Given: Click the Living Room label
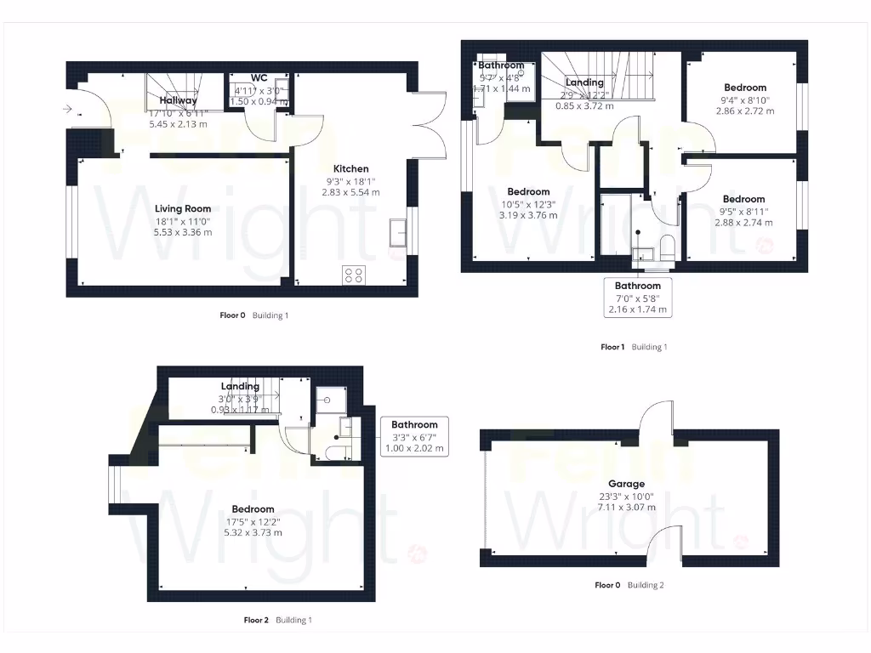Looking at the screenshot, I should click(x=183, y=208).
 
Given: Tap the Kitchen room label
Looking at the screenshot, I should click(x=350, y=169).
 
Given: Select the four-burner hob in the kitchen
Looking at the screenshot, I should click(x=353, y=275).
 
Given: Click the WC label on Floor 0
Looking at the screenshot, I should click(x=259, y=77).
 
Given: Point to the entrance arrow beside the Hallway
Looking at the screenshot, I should click(x=67, y=108).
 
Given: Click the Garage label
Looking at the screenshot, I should click(x=626, y=484).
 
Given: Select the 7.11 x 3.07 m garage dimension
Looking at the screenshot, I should click(x=626, y=508).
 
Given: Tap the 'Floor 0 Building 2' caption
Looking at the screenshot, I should click(x=629, y=585).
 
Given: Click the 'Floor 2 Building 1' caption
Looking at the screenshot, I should click(x=277, y=620).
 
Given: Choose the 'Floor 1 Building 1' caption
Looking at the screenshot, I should click(x=634, y=347).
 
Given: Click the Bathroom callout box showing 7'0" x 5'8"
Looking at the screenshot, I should click(x=638, y=298).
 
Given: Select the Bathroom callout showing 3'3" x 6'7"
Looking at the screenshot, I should click(x=414, y=436).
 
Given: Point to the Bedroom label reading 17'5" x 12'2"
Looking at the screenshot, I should click(x=252, y=509).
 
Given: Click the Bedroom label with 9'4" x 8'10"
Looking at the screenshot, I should click(x=745, y=88).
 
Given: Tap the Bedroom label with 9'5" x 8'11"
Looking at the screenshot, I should click(x=744, y=200).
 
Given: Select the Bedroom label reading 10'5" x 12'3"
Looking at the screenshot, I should click(x=528, y=192).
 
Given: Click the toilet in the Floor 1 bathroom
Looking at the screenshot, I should click(x=667, y=247).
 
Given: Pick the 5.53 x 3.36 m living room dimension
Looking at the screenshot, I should click(x=183, y=232).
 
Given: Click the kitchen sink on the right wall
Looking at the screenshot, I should click(x=397, y=232).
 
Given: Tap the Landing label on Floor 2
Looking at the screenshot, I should click(x=240, y=387).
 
